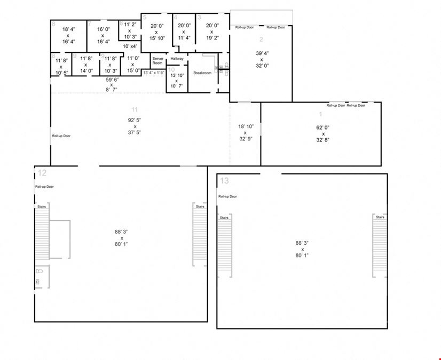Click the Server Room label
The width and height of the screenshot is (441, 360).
(157, 61)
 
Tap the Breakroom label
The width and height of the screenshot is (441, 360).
(202, 73)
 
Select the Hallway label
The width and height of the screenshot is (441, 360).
(177, 59)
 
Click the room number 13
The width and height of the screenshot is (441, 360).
(225, 181)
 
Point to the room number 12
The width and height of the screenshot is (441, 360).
(42, 173)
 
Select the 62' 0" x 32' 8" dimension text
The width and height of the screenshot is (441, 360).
(323, 134)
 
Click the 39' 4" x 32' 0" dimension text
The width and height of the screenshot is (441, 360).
(262, 59)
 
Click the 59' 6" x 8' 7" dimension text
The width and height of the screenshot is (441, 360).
(112, 84)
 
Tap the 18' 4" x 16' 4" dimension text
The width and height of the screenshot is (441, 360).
(68, 35)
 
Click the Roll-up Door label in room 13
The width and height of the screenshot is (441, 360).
(227, 197)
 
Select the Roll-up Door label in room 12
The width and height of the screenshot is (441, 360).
(44, 187)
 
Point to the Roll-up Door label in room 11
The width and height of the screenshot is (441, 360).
(61, 135)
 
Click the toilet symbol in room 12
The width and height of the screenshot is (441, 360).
(38, 279)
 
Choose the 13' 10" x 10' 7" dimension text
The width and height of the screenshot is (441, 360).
(176, 81)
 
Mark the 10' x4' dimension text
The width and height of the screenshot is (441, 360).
(130, 46)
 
